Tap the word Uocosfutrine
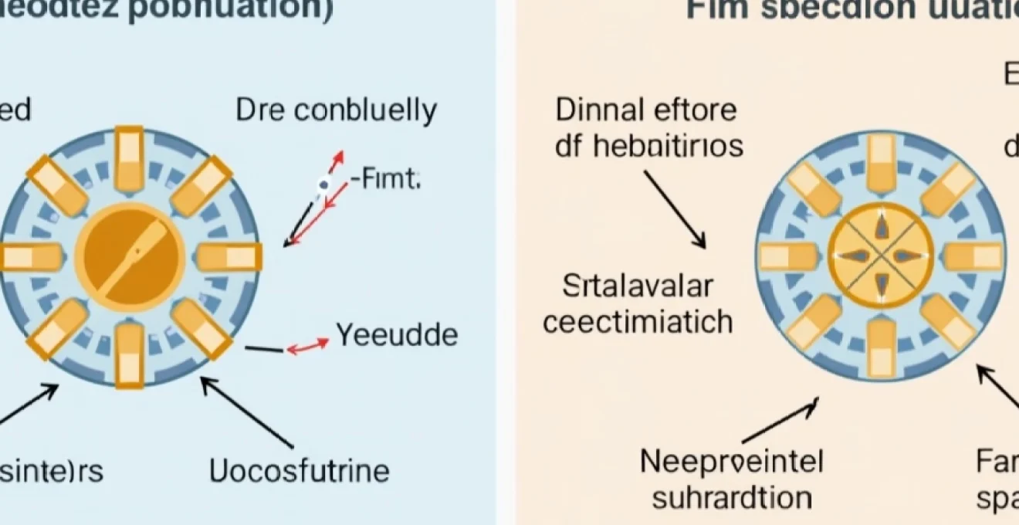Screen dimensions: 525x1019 (x=300, y=470)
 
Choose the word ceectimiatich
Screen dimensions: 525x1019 (x=638, y=321)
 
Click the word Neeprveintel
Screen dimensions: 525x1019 (x=732, y=462)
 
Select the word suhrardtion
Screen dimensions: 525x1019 (x=732, y=497)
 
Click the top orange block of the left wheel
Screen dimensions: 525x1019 (x=130, y=156)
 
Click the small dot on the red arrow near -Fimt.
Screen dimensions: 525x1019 (x=325, y=184)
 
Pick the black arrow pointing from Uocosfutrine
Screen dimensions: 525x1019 (x=247, y=412)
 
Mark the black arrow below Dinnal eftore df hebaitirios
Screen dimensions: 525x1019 (x=674, y=209)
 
